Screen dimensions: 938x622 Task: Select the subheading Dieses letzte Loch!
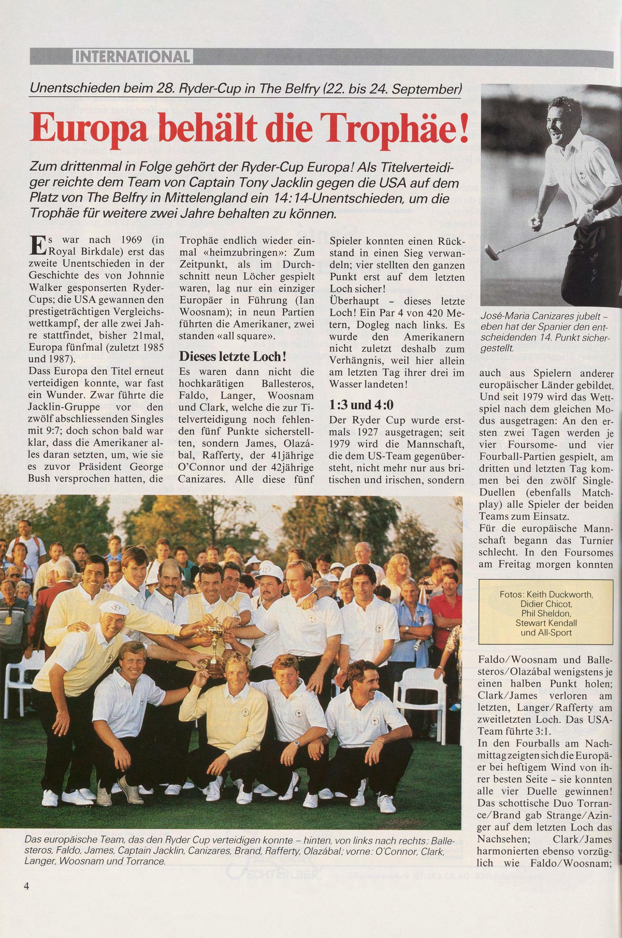coord(233,356)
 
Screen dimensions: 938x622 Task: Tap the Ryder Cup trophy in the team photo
coord(214,639)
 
